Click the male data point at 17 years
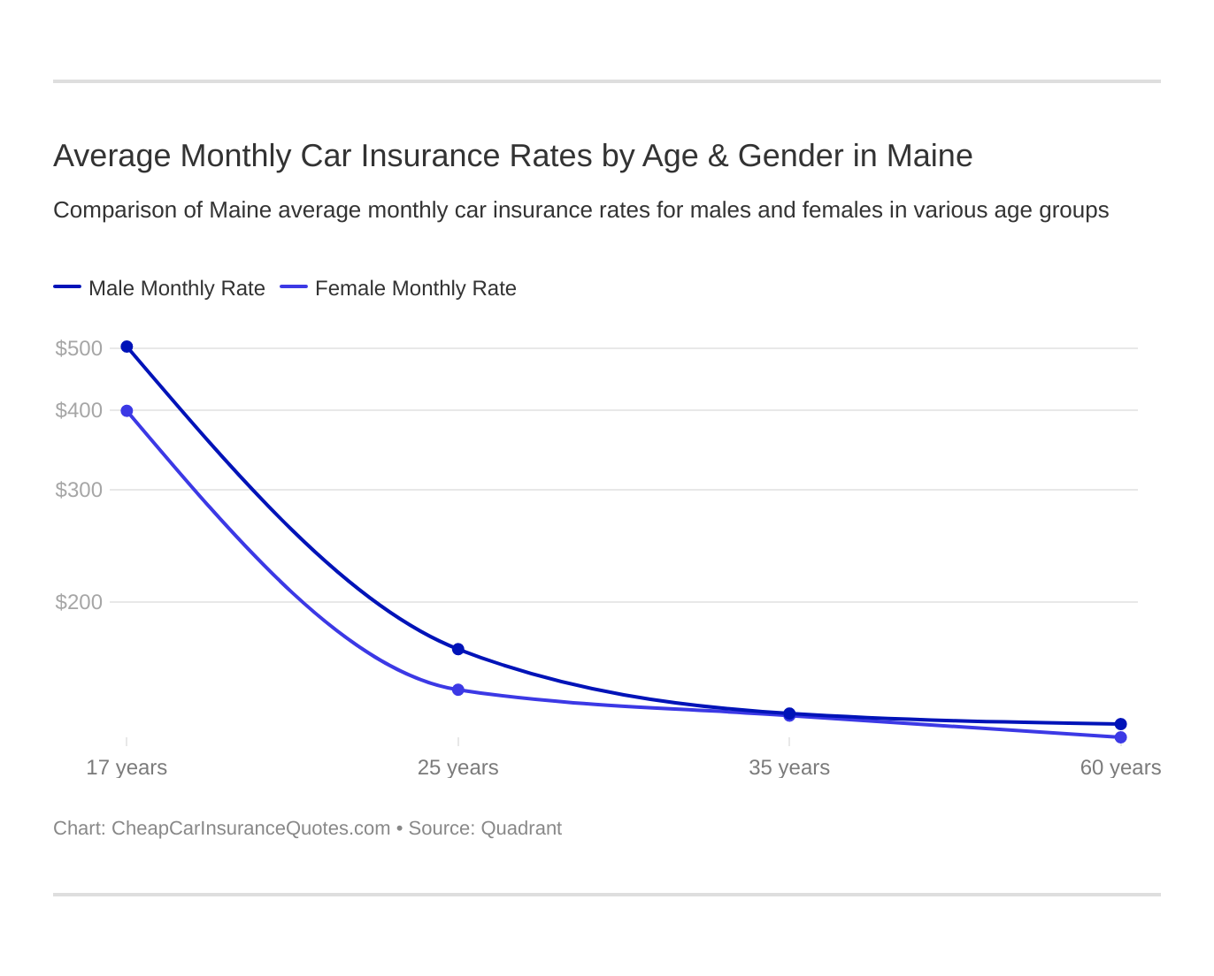[127, 347]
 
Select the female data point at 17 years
[127, 411]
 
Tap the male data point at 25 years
[458, 649]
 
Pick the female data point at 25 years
[458, 690]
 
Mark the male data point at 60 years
[1120, 724]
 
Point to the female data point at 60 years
[1120, 737]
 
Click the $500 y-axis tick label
[79, 348]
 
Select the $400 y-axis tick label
[79, 410]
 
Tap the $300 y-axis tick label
[79, 490]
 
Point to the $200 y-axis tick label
[79, 602]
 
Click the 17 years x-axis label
[127, 767]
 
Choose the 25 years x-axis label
[458, 767]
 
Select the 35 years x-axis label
[789, 767]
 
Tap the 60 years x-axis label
[1120, 767]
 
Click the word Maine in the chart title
[929, 156]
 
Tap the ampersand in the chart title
[718, 156]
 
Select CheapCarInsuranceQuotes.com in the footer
[250, 828]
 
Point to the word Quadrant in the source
[521, 828]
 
